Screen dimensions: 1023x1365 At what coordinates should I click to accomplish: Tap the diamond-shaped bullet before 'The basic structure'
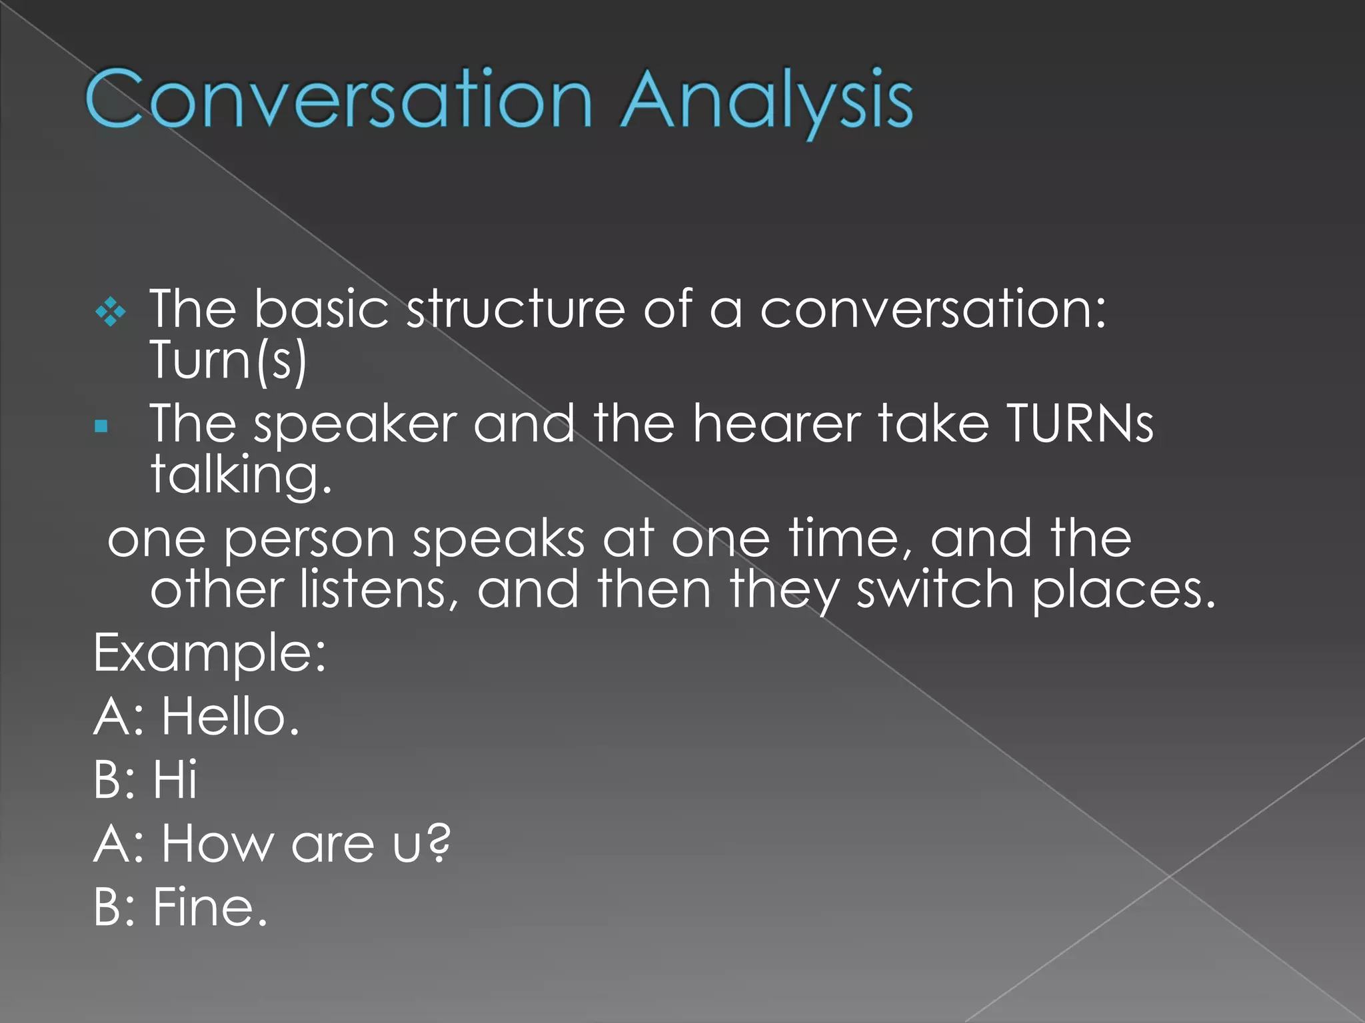point(110,312)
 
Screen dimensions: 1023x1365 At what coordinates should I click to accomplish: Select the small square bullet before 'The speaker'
point(101,426)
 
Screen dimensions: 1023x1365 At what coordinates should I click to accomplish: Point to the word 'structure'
point(516,309)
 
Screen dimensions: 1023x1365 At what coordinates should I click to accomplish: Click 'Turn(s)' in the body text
point(228,360)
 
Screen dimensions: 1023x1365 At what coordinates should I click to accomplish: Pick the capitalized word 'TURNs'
point(1080,424)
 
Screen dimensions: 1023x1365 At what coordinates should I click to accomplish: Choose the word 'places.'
point(1124,591)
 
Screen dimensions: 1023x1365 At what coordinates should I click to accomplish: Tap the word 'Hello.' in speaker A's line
point(231,717)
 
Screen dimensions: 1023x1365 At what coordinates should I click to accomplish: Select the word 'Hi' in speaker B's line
point(175,779)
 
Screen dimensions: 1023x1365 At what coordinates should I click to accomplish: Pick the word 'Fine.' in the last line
point(210,906)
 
